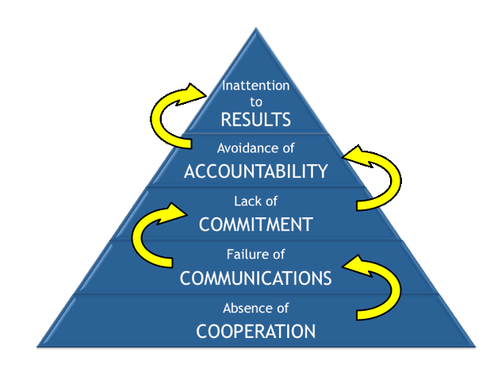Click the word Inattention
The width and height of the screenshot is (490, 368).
click(255, 86)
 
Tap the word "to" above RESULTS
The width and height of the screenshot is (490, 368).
click(255, 102)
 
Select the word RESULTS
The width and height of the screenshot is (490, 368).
click(255, 120)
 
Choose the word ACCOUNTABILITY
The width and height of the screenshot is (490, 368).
click(255, 171)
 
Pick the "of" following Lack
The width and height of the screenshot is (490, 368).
click(270, 201)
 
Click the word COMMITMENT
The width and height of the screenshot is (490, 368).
click(255, 224)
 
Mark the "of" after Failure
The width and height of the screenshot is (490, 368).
click(275, 255)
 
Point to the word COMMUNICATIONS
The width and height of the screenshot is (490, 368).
click(255, 278)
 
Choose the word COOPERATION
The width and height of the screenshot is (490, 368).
click(255, 330)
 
